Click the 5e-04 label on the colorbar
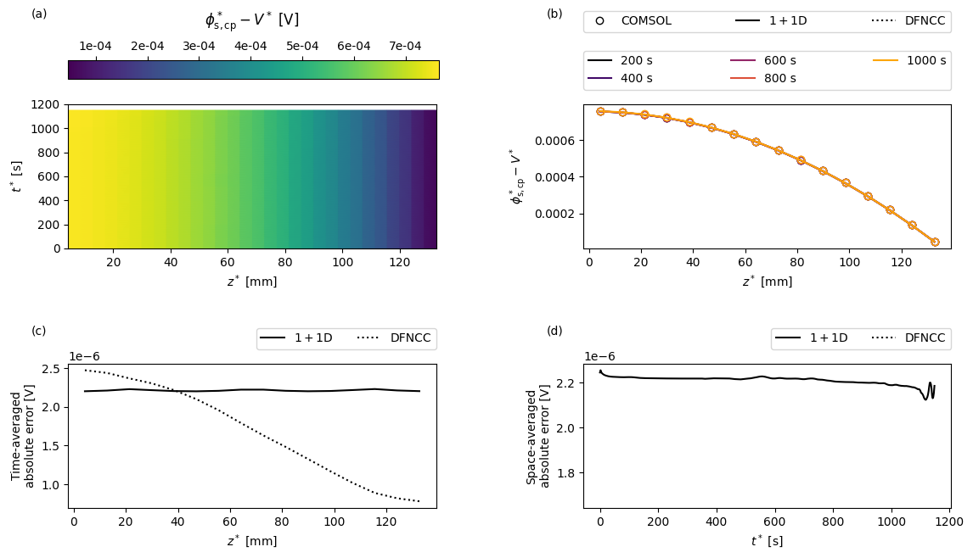pyautogui.click(x=302, y=47)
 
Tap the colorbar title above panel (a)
pyautogui.click(x=252, y=20)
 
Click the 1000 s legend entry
pyautogui.click(x=909, y=60)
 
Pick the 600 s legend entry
pyautogui.click(x=764, y=60)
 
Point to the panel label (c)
pyautogui.click(x=38, y=331)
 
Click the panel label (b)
pyautogui.click(x=554, y=13)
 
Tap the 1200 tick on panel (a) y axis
pyautogui.click(x=48, y=105)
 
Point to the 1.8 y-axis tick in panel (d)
pyautogui.click(x=568, y=473)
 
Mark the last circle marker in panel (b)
pyautogui.click(x=935, y=242)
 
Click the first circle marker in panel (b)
pyautogui.click(x=600, y=112)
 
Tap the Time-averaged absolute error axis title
pyautogui.click(x=23, y=437)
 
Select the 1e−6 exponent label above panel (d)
pyautogui.click(x=599, y=356)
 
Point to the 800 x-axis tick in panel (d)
pyautogui.click(x=833, y=522)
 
